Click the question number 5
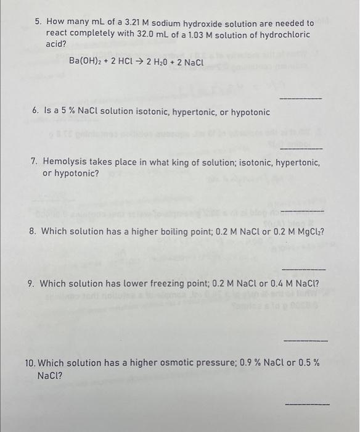pyautogui.click(x=38, y=22)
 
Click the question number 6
pyautogui.click(x=36, y=112)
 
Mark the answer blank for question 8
pyautogui.click(x=303, y=269)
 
